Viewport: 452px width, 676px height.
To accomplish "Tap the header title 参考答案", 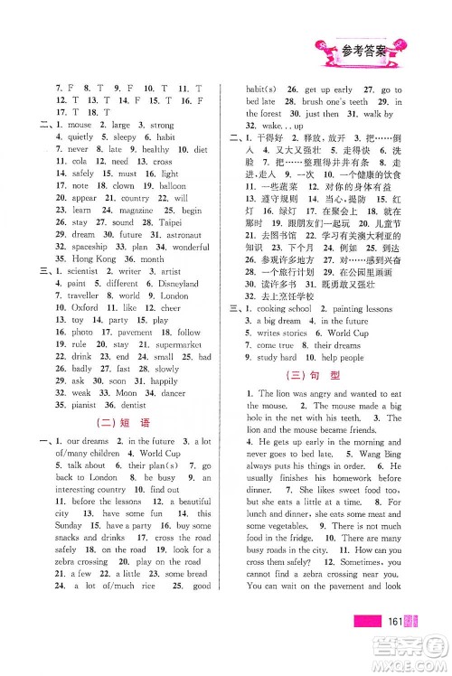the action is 363,48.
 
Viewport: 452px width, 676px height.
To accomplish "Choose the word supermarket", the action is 180,344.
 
